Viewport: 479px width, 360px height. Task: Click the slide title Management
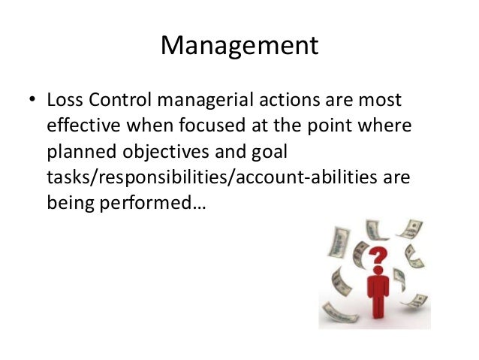pyautogui.click(x=239, y=46)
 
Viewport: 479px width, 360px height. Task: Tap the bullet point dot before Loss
pyautogui.click(x=31, y=100)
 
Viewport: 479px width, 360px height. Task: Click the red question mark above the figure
pyautogui.click(x=379, y=259)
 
